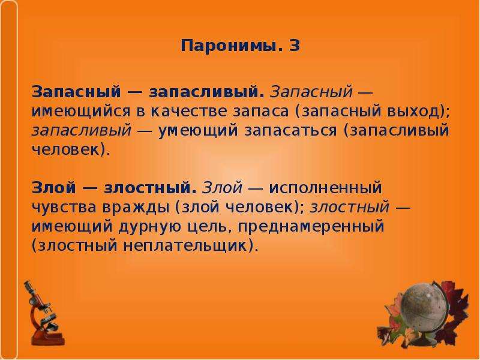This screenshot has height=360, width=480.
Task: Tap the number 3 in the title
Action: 295,46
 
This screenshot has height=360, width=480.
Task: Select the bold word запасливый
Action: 206,92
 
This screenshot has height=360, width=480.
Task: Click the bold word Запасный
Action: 76,92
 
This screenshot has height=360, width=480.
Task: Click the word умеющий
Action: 198,131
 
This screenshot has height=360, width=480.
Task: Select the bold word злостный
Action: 150,188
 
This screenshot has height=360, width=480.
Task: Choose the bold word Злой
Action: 53,187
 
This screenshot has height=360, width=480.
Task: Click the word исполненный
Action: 325,188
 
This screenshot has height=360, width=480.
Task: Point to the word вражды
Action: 136,207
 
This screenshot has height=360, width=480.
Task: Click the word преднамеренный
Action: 311,227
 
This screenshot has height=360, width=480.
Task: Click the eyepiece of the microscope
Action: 28,286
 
